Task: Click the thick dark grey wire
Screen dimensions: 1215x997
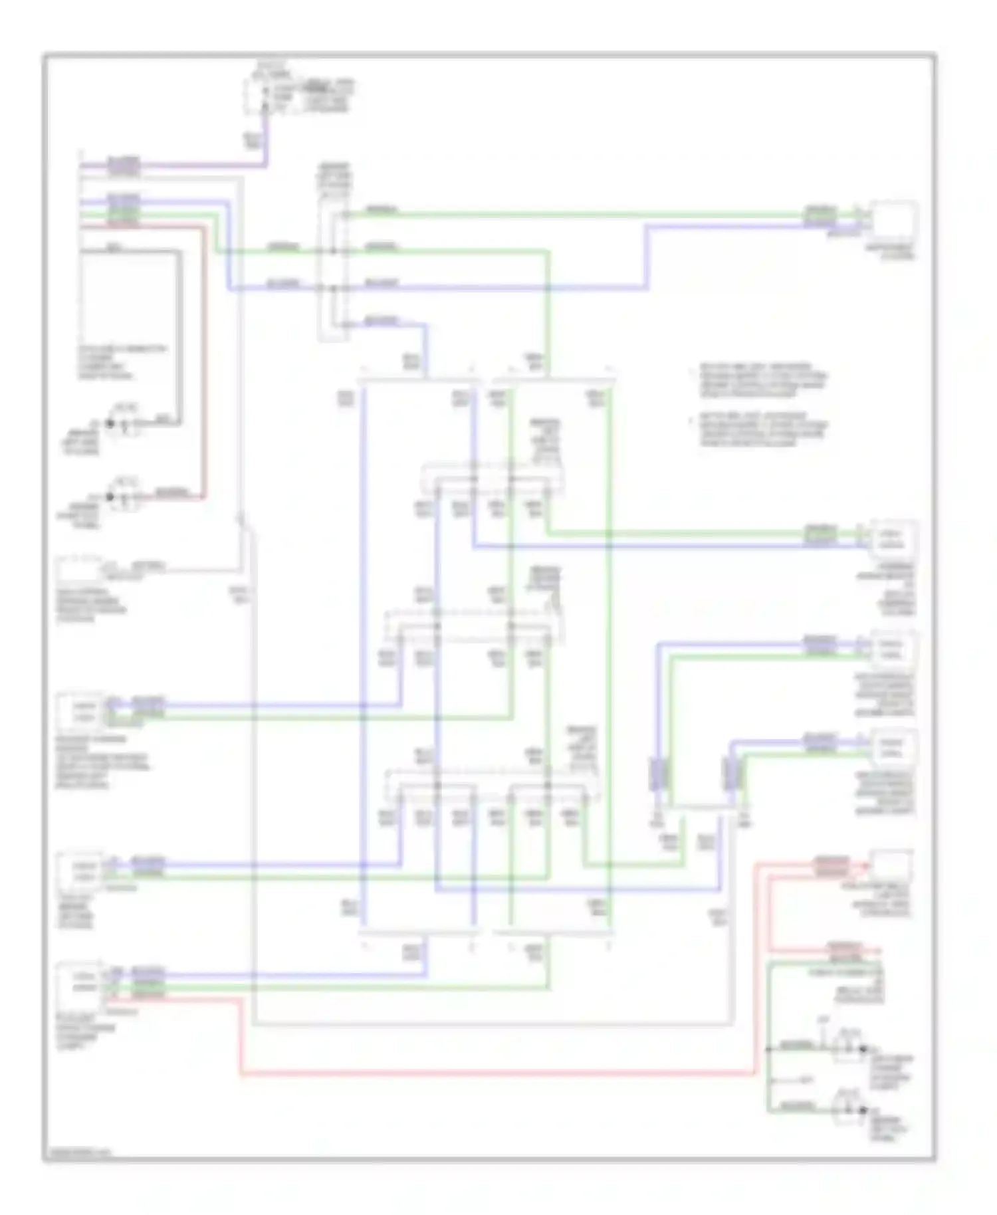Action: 178,332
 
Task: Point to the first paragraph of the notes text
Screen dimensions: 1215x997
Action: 762,380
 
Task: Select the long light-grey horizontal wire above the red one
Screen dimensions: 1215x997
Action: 492,1025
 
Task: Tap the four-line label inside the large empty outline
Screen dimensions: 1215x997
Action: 124,362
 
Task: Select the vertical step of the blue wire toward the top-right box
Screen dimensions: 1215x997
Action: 647,257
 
